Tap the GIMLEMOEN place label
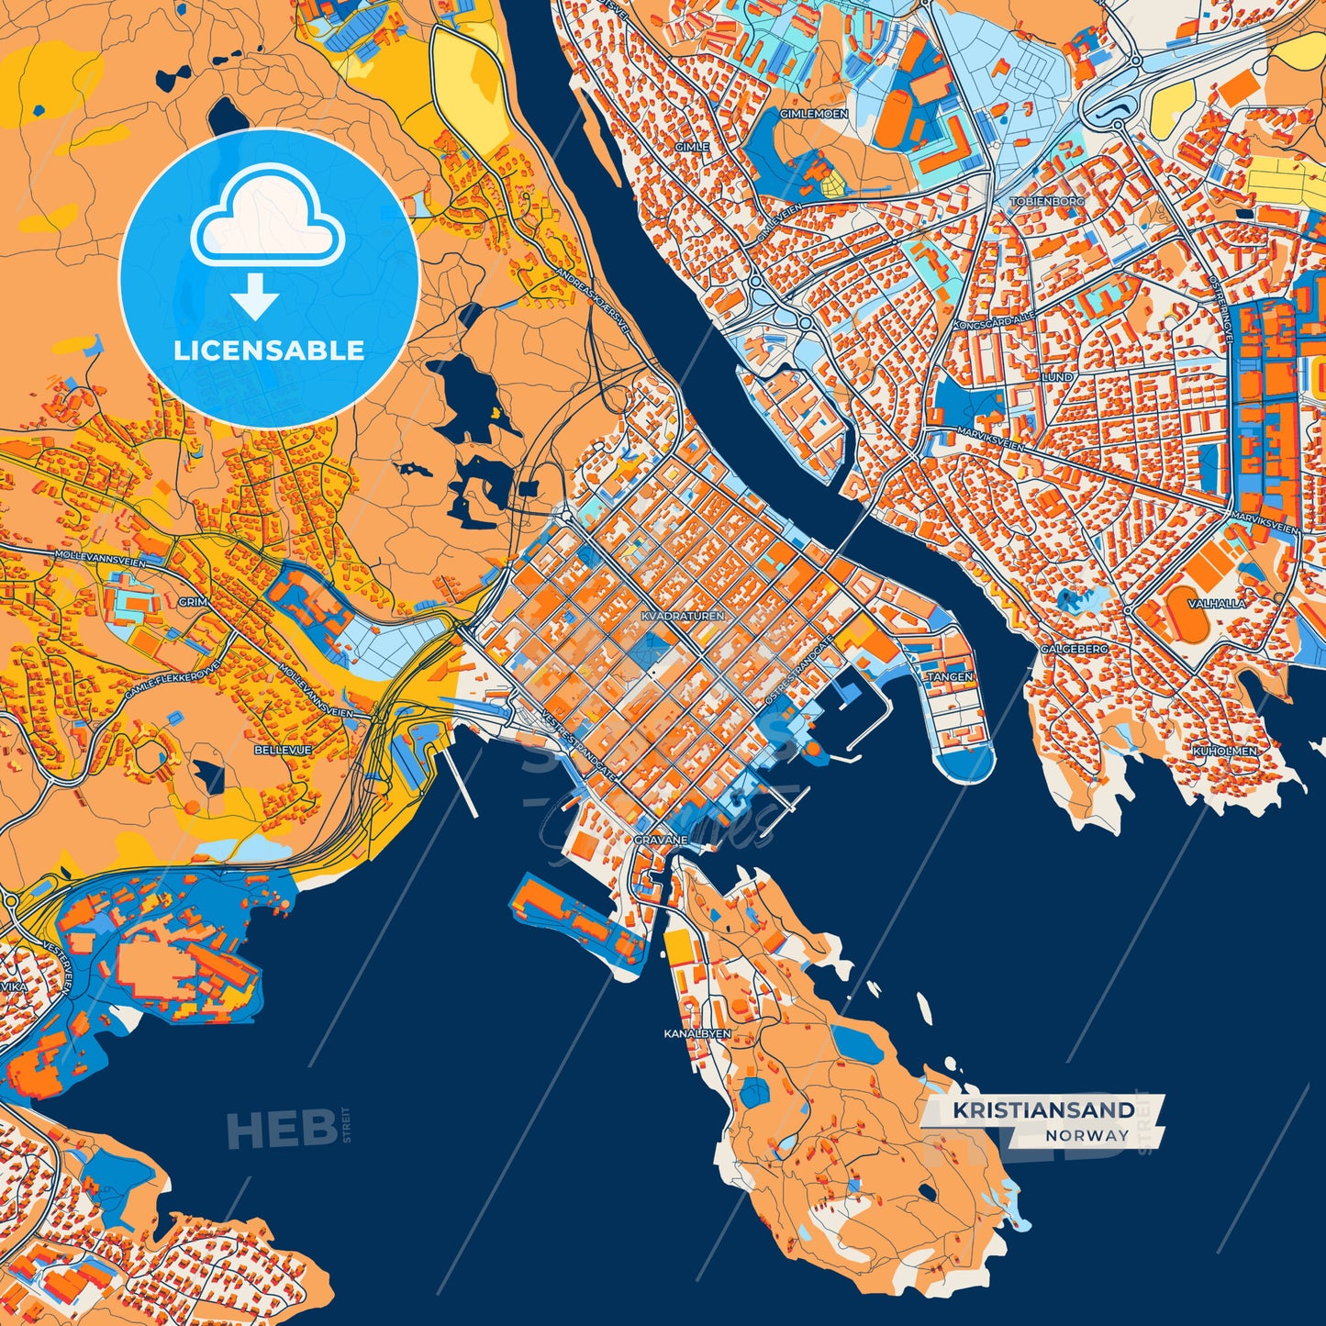[813, 114]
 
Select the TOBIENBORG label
[1047, 200]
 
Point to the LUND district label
[1057, 377]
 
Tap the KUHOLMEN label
[1224, 751]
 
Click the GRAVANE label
[661, 840]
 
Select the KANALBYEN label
[697, 1033]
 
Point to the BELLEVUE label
[282, 750]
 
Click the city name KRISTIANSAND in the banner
[1043, 1110]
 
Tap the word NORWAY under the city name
[1086, 1135]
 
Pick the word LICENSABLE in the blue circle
[269, 350]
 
